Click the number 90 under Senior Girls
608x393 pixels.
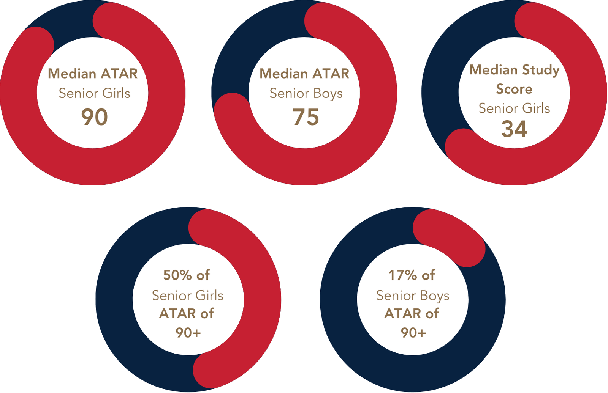[95, 117]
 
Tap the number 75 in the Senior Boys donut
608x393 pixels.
[306, 117]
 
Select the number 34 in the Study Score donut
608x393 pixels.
[514, 129]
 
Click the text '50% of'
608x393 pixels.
[187, 275]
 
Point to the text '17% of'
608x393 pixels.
[412, 275]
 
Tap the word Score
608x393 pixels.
[514, 89]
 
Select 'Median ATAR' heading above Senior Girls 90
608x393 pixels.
[93, 74]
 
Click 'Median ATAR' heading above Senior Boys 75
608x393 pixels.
[304, 74]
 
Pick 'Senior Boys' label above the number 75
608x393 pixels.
[306, 93]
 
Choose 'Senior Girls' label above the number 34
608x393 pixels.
[514, 108]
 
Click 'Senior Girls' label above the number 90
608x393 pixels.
[95, 93]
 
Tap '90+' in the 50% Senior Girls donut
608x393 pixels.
[188, 333]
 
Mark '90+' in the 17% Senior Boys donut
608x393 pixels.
[413, 333]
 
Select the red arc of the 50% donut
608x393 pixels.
[262, 300]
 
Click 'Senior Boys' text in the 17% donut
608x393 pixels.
[413, 296]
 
